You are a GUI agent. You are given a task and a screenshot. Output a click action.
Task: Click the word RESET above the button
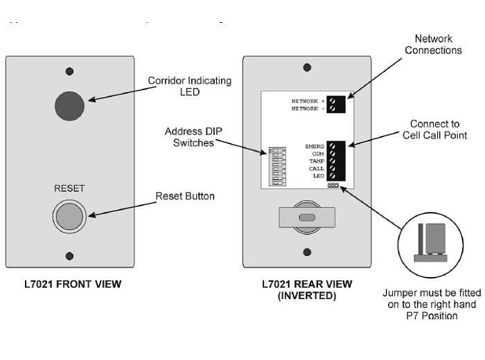pos(69,188)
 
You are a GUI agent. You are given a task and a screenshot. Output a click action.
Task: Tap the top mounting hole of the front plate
pos(69,71)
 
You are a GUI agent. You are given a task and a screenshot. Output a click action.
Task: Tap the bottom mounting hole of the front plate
pos(69,254)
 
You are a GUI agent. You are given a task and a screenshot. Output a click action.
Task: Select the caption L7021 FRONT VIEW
pos(69,283)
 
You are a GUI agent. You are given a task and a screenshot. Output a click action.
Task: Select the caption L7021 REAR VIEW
pos(306,283)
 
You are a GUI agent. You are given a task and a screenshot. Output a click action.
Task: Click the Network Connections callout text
pos(433,44)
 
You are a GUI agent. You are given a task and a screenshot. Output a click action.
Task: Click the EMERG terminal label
pos(315,146)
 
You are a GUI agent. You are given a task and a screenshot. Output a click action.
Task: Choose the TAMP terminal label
pos(316,161)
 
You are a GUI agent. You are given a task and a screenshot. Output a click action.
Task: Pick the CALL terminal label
pos(316,168)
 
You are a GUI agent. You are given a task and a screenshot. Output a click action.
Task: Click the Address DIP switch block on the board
pos(277,165)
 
